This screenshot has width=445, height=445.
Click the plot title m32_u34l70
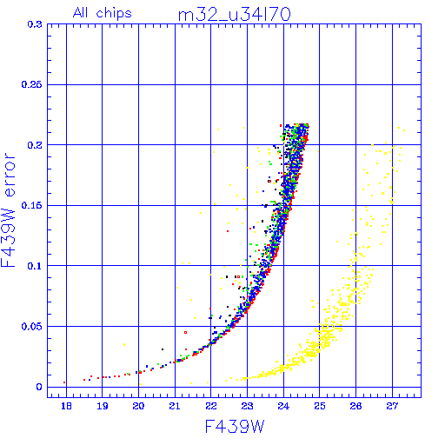point(234,15)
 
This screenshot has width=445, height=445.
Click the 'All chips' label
point(103,13)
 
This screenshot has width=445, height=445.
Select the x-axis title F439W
point(235,427)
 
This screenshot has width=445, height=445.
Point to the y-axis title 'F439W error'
point(9,209)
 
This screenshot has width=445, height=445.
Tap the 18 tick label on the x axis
point(66,406)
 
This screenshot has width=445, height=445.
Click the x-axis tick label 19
point(103,406)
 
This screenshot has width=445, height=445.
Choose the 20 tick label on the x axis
point(138,406)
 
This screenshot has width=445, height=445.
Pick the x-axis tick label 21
point(175,406)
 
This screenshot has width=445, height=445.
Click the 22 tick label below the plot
point(211,406)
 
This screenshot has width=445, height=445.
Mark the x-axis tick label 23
point(247,406)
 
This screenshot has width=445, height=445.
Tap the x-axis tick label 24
point(283,406)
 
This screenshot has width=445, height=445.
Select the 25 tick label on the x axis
point(320,406)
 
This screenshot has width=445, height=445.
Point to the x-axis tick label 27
point(392,406)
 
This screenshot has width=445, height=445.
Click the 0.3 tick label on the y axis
point(35,24)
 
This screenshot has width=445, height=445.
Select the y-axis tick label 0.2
point(35,145)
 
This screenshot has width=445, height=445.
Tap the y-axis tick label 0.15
point(31,205)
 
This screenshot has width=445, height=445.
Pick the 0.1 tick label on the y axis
point(35,266)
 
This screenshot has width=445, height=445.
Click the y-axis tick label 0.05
point(31,326)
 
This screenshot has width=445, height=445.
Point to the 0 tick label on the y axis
point(39,387)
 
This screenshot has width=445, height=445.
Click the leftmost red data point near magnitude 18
point(64,382)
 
